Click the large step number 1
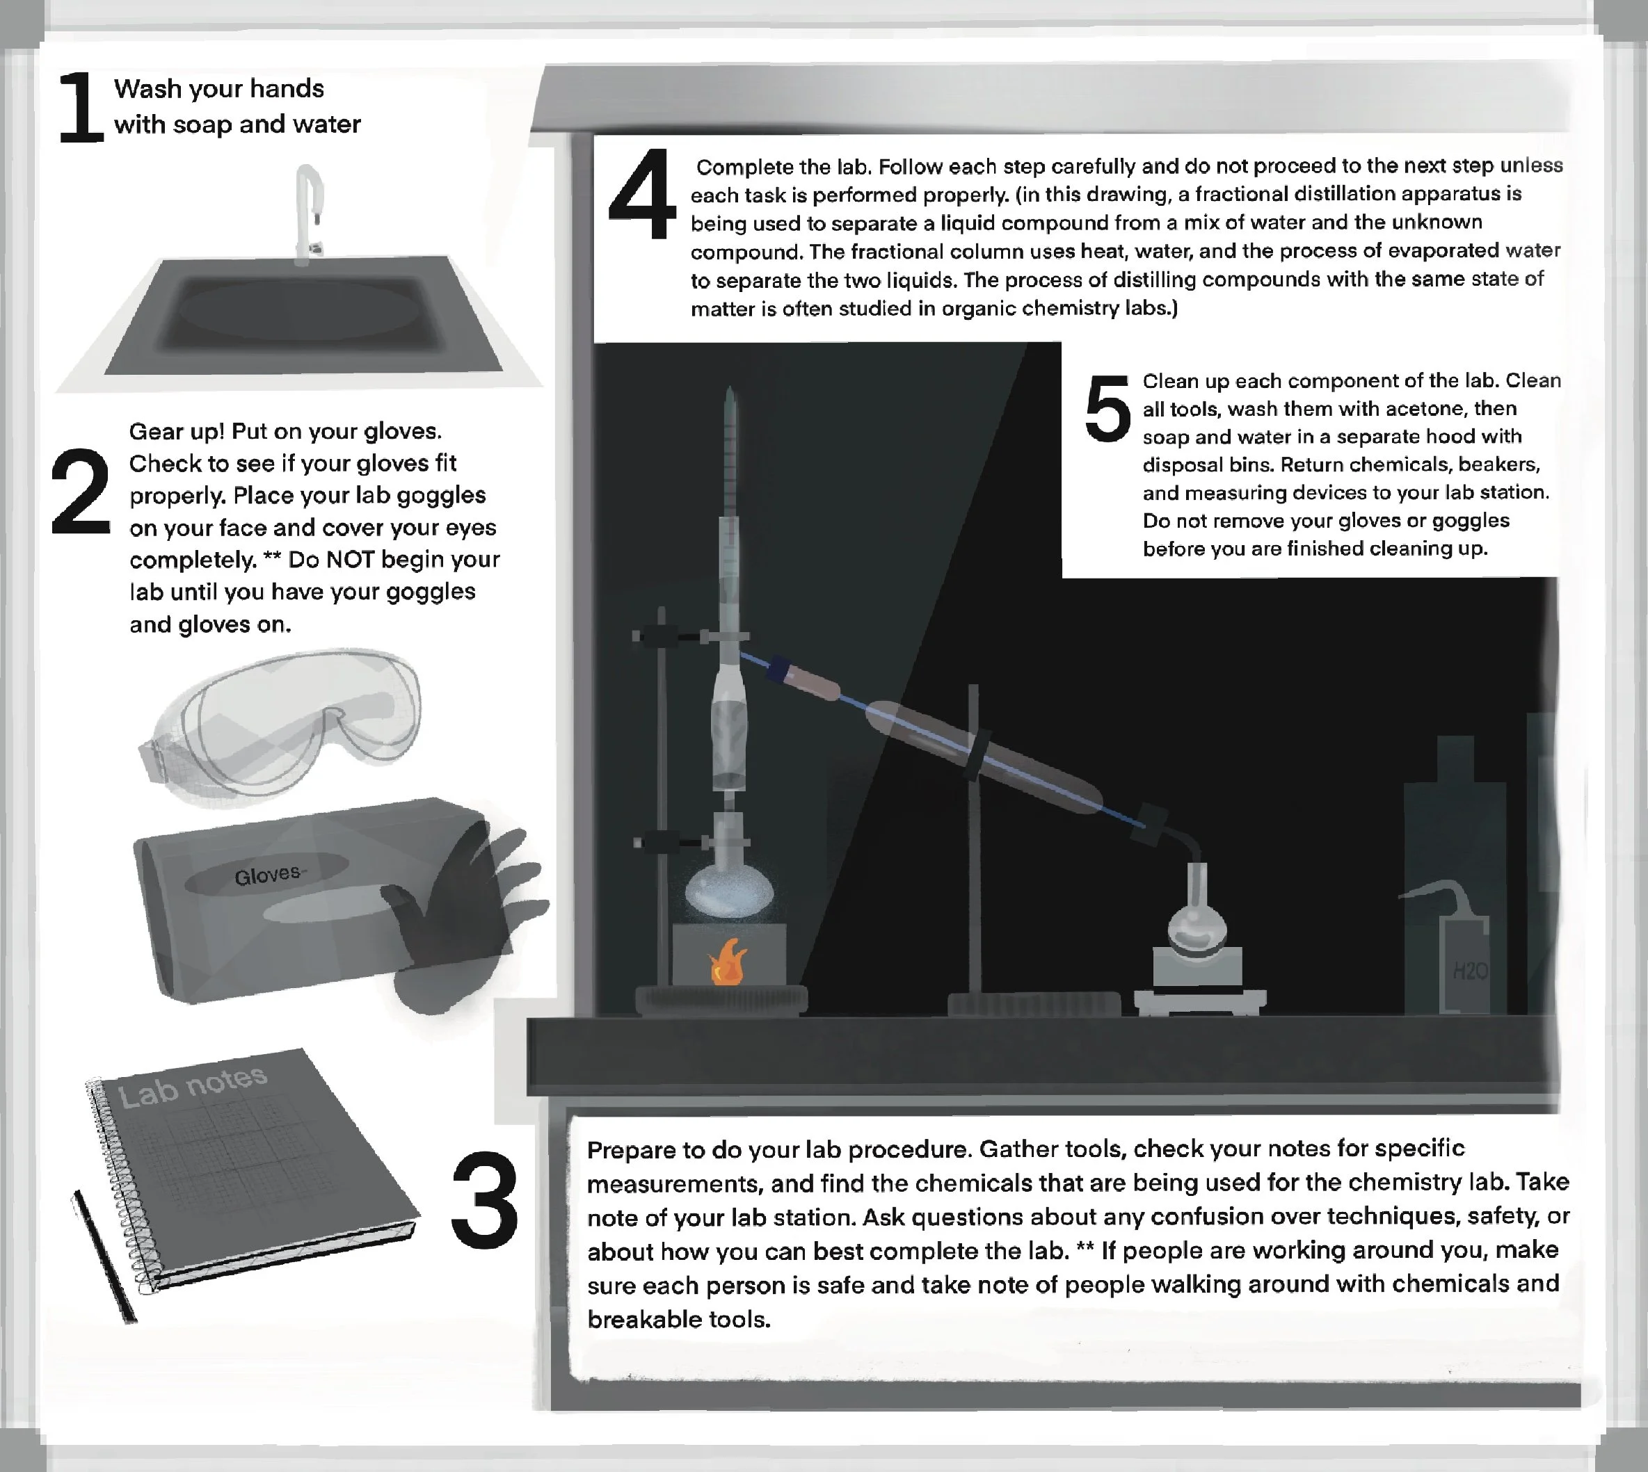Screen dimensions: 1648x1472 (81, 107)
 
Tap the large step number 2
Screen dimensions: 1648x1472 (80, 491)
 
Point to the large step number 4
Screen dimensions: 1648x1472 (642, 193)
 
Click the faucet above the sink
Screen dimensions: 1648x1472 (309, 213)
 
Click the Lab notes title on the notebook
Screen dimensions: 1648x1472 (193, 1085)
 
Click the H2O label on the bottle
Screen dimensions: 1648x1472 (1470, 970)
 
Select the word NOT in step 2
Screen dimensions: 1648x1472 (351, 559)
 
